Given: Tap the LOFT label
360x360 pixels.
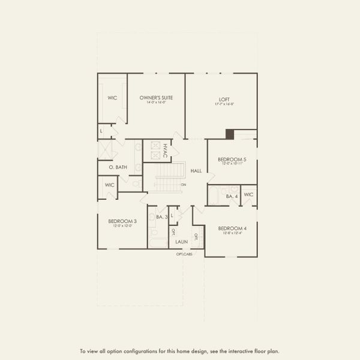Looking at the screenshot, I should (225, 99).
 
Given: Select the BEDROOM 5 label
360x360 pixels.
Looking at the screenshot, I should (232, 159).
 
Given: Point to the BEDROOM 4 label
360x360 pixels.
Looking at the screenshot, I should (233, 229).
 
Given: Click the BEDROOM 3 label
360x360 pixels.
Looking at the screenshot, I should (122, 221).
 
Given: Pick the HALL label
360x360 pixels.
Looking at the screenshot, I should (196, 171).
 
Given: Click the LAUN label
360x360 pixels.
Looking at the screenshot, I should (181, 242).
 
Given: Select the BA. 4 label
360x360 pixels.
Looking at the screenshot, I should (232, 196).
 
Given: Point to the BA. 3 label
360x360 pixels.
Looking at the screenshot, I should (161, 217).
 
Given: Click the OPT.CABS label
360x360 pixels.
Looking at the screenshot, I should (184, 254).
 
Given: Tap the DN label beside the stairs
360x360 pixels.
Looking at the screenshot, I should (184, 184).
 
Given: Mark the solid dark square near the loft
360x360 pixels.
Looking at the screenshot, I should (230, 134).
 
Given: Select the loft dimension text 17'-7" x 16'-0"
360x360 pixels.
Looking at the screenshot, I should (225, 104).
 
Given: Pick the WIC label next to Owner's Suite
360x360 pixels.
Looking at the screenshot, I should (112, 97).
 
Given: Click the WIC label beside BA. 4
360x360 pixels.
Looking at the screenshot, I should (248, 195).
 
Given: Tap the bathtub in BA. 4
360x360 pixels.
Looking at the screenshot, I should (215, 196).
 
